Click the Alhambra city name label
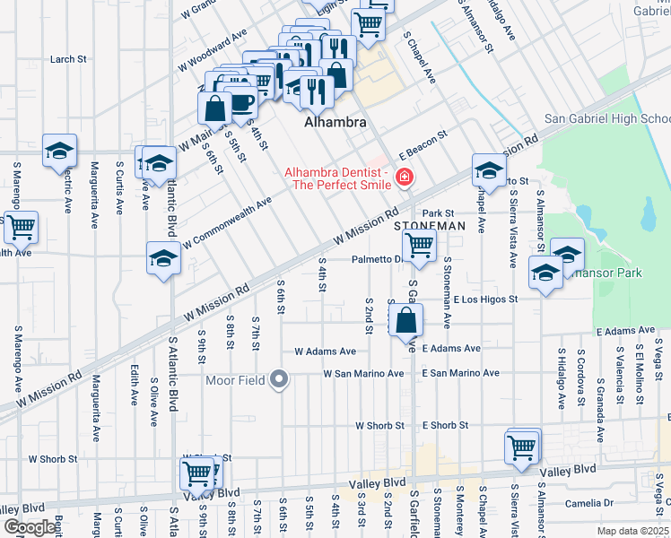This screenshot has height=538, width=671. point(337,123)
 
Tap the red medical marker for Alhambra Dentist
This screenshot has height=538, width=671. point(405,178)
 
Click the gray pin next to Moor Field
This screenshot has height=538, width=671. point(279,381)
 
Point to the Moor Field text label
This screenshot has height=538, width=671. point(235,381)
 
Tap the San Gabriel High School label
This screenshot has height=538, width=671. point(606,119)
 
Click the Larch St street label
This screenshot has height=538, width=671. point(68,59)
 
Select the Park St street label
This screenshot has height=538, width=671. point(453,213)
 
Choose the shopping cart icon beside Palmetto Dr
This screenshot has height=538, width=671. point(419,244)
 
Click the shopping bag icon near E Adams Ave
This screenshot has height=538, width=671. point(406,318)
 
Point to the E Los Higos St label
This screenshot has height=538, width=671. point(485,299)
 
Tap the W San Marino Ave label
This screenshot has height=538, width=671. point(363,373)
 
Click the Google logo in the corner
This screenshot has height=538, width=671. point(30,527)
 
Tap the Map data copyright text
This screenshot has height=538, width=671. point(633,531)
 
